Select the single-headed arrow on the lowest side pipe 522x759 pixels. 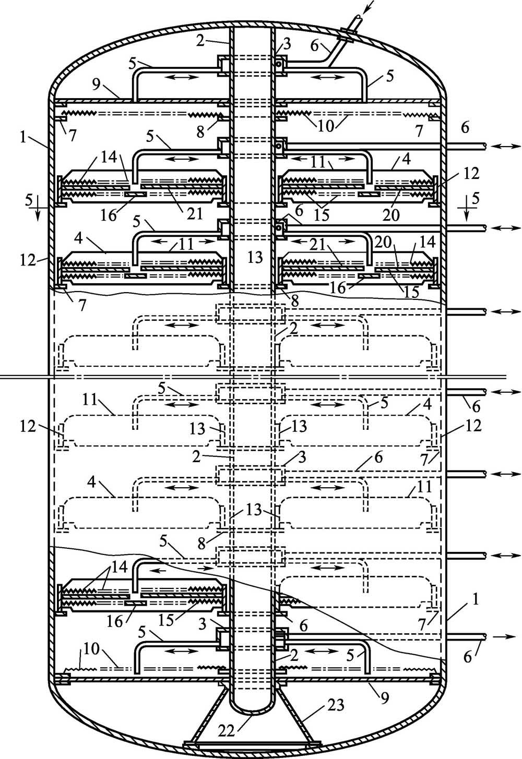coord(503,636)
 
